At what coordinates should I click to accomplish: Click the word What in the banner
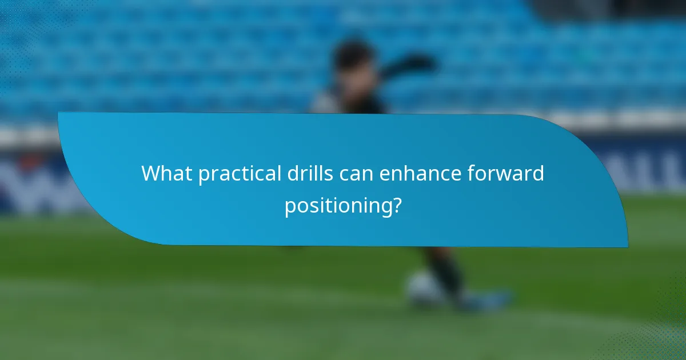coord(167,173)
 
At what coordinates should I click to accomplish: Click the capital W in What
coord(151,173)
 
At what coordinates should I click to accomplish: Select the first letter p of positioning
coord(290,207)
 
